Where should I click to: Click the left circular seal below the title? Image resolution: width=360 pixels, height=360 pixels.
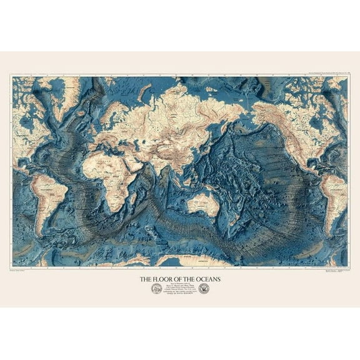pos(156,289)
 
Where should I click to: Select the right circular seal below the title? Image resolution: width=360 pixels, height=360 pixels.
pos(204,289)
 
